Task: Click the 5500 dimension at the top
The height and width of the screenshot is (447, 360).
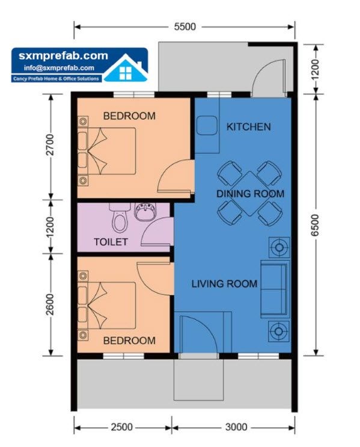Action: [185, 27]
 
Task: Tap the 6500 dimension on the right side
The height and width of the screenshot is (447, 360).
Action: [316, 224]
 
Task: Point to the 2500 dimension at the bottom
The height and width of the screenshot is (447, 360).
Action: [121, 427]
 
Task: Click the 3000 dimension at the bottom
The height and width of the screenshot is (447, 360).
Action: [236, 427]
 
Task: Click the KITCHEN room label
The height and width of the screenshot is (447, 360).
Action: [248, 127]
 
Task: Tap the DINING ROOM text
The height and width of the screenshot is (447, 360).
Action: [250, 194]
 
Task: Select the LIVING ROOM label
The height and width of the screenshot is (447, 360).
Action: [224, 283]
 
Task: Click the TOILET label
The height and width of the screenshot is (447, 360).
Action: [111, 242]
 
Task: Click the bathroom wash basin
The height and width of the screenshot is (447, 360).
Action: [144, 213]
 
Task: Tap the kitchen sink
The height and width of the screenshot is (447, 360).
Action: [207, 127]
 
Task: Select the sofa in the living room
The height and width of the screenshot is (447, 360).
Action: [274, 289]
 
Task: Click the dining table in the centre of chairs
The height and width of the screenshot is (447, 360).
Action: [250, 194]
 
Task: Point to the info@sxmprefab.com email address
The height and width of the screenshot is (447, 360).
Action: [56, 68]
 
